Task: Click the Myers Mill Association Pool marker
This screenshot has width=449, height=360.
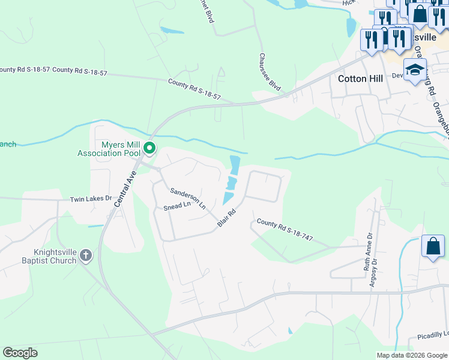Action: (149, 148)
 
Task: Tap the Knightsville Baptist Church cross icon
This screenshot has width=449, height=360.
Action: (86, 256)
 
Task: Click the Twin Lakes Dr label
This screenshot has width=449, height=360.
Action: (91, 199)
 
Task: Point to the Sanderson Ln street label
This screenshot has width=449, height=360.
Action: (187, 198)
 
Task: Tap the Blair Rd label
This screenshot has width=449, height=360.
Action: (226, 219)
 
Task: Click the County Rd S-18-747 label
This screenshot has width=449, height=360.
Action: (285, 230)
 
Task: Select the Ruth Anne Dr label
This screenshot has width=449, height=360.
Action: (368, 252)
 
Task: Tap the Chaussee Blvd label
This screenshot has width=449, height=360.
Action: (270, 72)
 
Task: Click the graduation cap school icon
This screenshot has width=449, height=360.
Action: (415, 70)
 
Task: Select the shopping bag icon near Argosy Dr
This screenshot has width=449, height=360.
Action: (433, 246)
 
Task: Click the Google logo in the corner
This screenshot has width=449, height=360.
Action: (20, 353)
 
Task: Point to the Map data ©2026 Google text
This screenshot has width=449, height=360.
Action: (412, 355)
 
